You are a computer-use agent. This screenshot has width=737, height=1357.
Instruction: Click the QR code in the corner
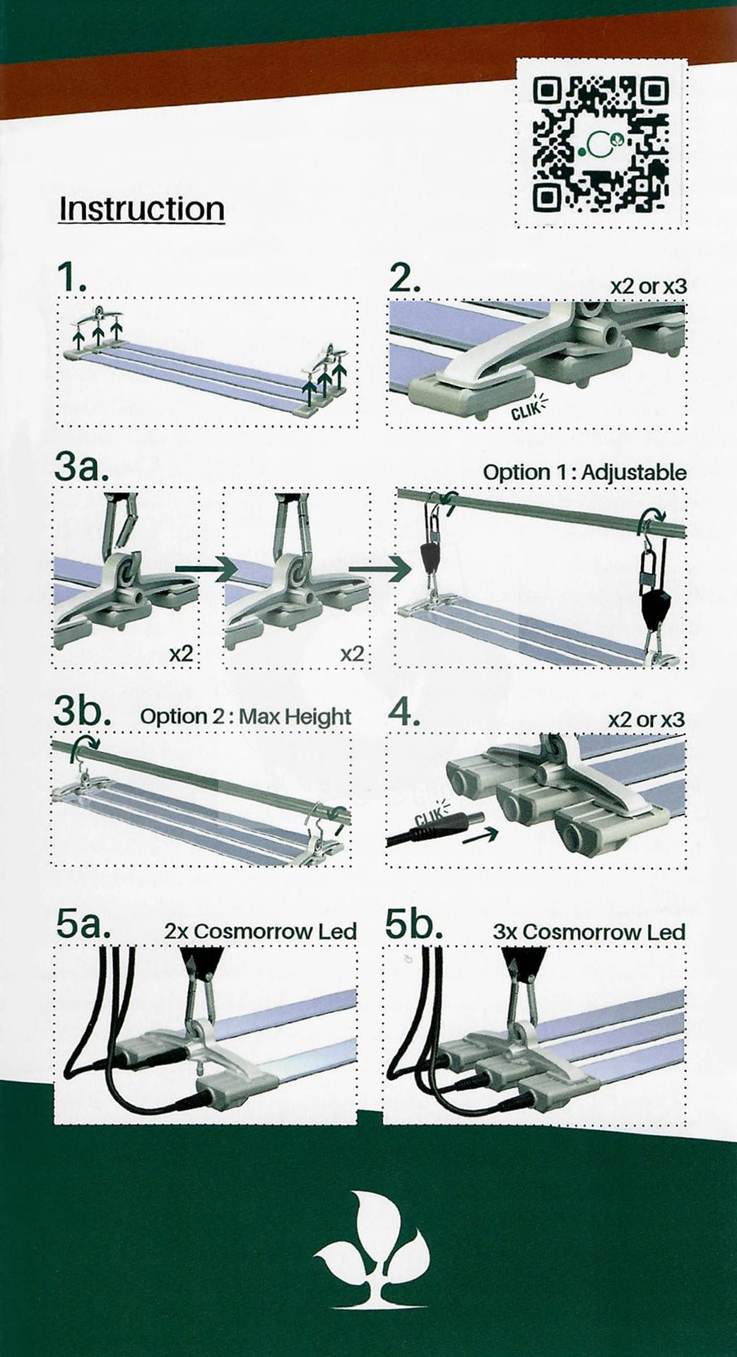click(601, 144)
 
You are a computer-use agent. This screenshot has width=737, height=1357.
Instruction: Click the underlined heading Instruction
click(141, 208)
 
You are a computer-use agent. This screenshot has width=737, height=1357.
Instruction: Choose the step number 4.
click(406, 712)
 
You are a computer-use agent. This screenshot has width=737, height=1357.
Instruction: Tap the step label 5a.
click(83, 925)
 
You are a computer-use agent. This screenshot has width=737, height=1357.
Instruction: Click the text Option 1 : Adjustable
click(585, 472)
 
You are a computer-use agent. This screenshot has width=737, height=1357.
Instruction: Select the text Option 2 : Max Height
click(246, 717)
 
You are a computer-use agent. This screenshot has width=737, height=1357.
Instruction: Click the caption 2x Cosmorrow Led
click(260, 931)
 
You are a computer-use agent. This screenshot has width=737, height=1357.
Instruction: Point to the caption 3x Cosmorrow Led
click(589, 932)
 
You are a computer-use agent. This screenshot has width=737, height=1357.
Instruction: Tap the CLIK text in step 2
click(524, 409)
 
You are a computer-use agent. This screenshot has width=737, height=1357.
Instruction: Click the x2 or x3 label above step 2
click(648, 286)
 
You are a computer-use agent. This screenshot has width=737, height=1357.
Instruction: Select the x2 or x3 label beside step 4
click(647, 719)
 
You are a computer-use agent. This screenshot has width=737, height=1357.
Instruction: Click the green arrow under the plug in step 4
click(480, 835)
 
